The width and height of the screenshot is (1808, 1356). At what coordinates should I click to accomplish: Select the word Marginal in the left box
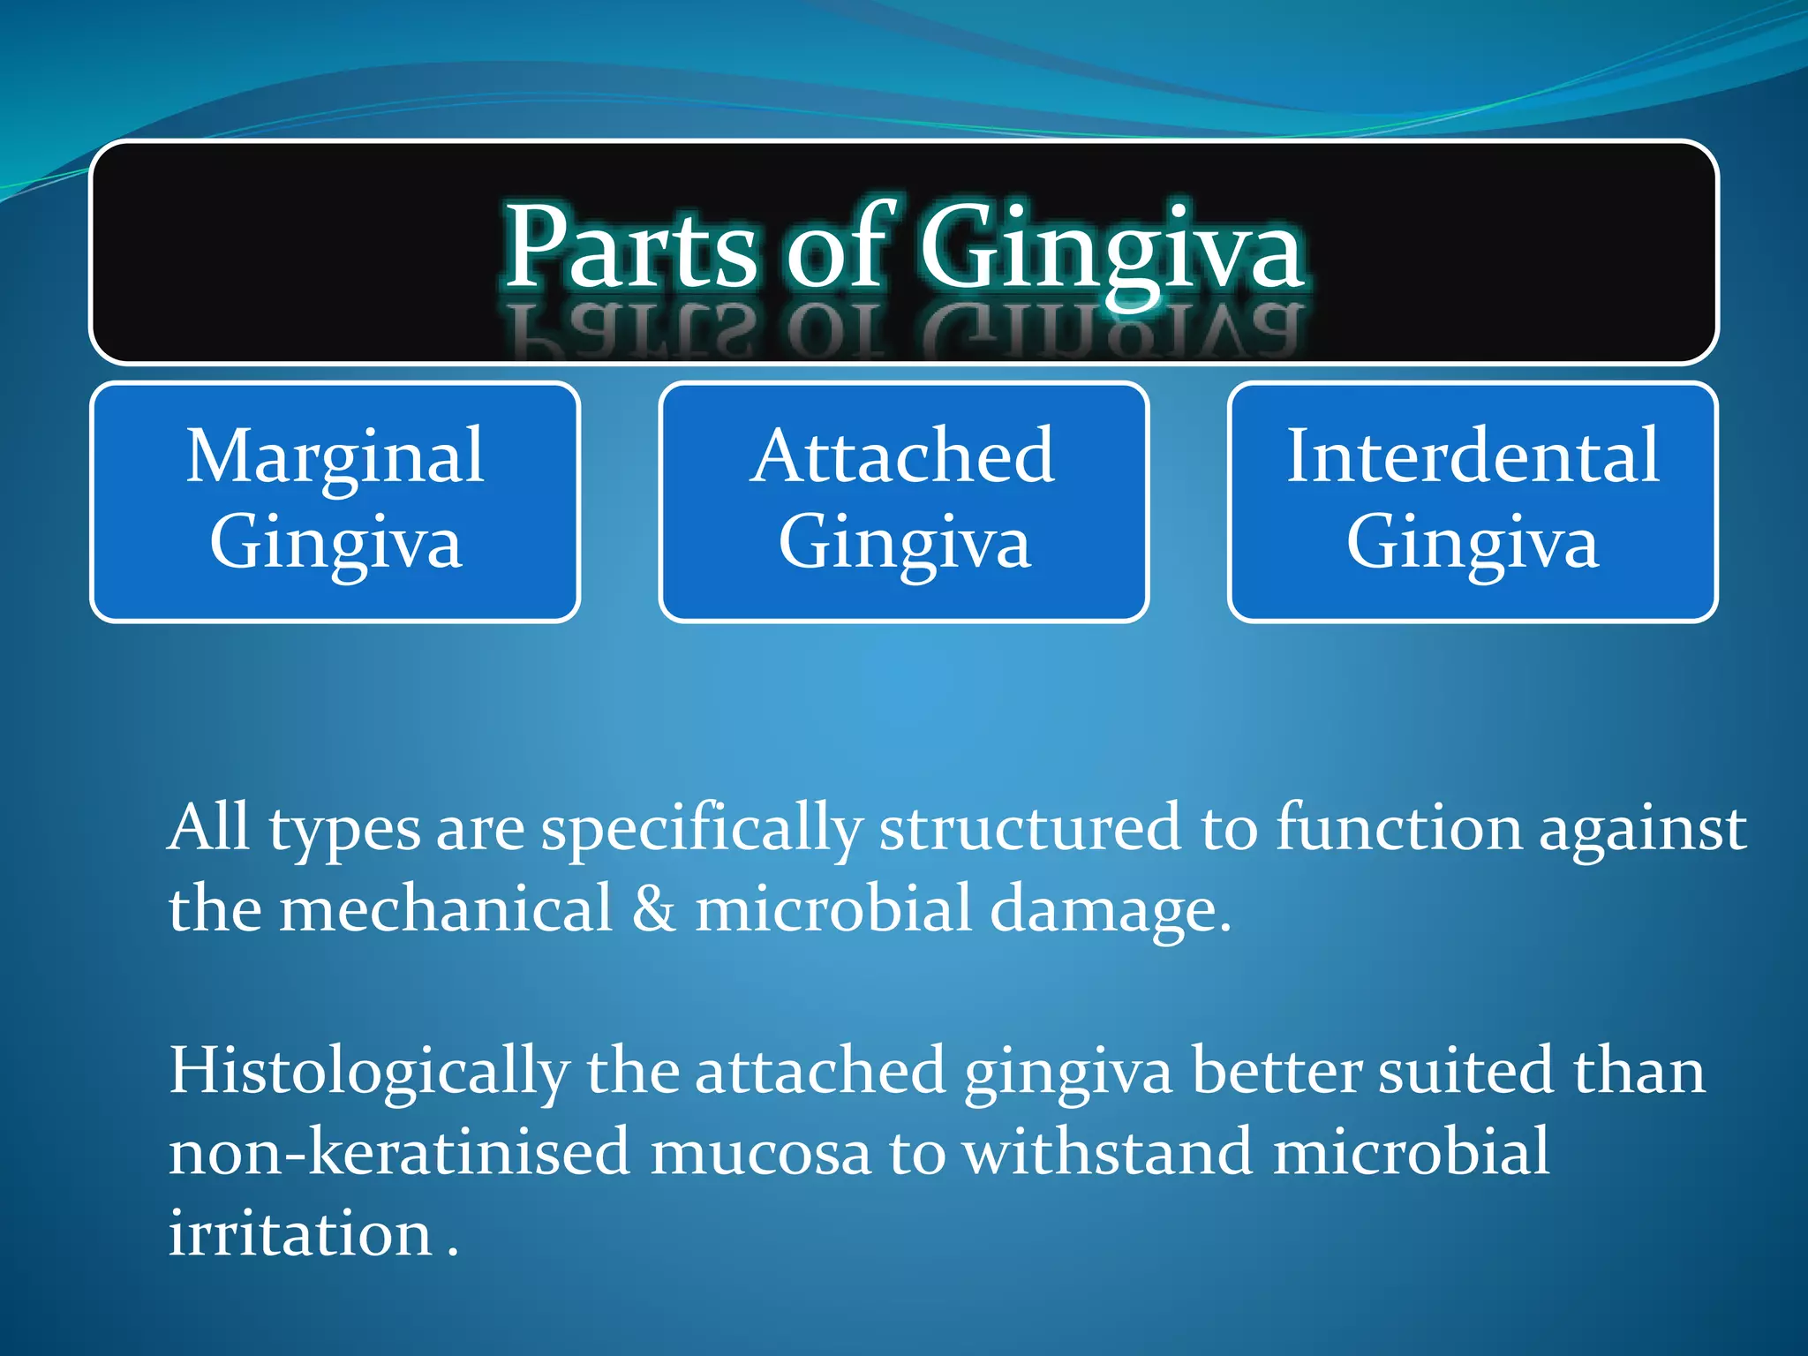point(335,456)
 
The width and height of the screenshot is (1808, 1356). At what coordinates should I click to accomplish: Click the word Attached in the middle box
point(902,456)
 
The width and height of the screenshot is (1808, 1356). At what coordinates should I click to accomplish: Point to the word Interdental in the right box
point(1472,456)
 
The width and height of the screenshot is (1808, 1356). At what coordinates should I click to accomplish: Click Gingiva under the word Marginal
point(335,543)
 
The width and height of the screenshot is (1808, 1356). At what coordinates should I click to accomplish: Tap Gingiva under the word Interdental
point(1472,543)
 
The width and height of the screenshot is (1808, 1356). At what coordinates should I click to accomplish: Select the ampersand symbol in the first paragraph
point(653,909)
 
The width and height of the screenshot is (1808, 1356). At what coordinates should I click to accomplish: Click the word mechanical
point(446,909)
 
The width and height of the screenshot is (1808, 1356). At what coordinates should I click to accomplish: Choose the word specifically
point(701,830)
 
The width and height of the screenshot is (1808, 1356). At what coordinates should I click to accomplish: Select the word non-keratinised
point(399,1152)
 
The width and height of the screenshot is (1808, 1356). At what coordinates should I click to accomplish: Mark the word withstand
point(1107,1152)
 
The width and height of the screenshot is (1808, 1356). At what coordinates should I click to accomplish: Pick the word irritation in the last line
point(300,1233)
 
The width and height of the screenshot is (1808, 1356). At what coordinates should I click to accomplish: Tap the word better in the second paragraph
point(1277,1070)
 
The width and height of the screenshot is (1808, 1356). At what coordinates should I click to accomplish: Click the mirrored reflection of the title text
point(904,331)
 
